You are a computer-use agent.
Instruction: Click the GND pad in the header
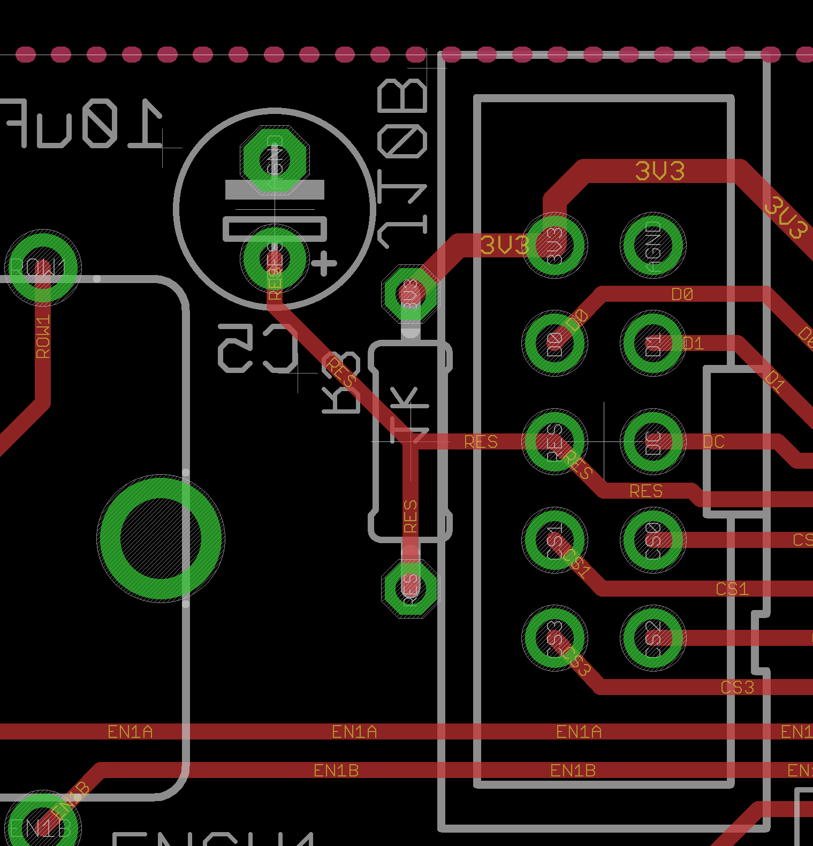(653, 246)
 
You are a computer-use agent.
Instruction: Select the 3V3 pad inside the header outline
(555, 246)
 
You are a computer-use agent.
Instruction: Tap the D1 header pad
(653, 344)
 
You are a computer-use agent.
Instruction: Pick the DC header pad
(653, 441)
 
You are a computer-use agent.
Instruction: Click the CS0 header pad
(653, 539)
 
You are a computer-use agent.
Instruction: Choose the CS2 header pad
(653, 637)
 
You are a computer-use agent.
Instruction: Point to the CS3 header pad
(555, 637)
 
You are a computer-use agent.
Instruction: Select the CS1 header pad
(555, 539)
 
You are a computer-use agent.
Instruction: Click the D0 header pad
(555, 344)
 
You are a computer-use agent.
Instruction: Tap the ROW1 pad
(43, 268)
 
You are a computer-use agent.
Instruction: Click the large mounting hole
(161, 538)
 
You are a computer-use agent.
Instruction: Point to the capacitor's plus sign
(324, 264)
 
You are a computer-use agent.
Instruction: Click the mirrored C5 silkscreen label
(258, 348)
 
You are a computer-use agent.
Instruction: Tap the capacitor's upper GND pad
(275, 159)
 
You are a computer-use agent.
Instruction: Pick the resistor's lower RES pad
(411, 587)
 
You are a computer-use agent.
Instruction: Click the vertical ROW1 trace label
(43, 337)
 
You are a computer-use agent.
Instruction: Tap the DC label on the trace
(713, 442)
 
